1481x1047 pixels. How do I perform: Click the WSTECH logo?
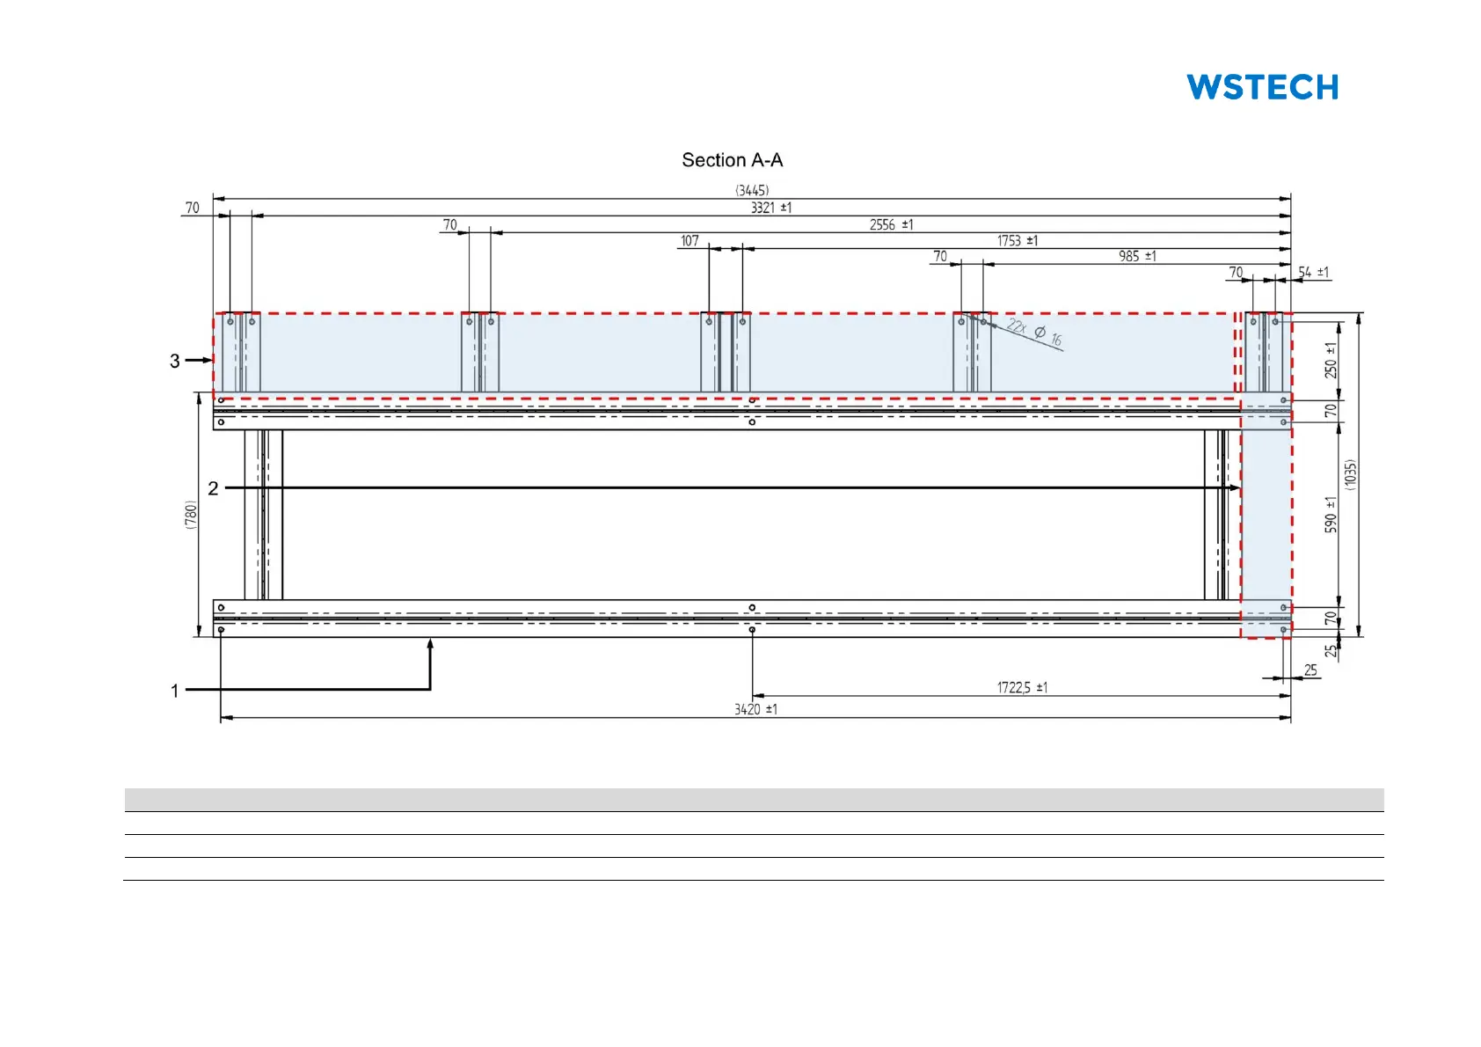tap(1262, 87)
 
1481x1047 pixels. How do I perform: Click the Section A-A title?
tap(732, 160)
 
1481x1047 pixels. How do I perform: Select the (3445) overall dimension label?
tap(752, 190)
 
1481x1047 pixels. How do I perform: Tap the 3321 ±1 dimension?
tap(771, 208)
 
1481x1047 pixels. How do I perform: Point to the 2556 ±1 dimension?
tap(891, 224)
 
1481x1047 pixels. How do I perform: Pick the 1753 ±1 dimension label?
tap(1017, 240)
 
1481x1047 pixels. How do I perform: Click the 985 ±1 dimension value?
tap(1137, 256)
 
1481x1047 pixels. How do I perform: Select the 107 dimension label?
tap(689, 240)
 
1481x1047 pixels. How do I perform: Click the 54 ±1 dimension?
tap(1313, 272)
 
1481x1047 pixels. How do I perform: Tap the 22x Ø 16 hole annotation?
tap(1034, 333)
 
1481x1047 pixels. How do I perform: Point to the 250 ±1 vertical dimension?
tap(1331, 361)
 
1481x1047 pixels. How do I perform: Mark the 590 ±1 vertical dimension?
tap(1331, 515)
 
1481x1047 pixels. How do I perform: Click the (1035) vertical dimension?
tap(1351, 475)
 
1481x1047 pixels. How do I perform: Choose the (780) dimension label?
tap(191, 515)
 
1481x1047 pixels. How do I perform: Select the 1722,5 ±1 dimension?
tap(1022, 687)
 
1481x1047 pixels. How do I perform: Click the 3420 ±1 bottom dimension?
tap(755, 709)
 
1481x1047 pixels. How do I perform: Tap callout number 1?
tap(175, 691)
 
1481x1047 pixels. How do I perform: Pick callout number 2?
tap(213, 488)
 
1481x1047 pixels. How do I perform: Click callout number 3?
tap(175, 361)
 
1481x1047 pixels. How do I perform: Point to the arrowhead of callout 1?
tap(431, 644)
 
